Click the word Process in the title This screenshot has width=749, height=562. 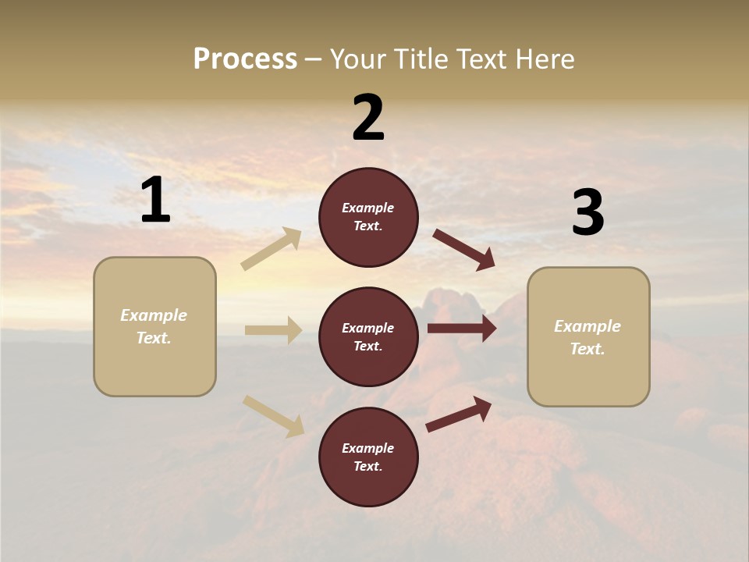pyautogui.click(x=245, y=59)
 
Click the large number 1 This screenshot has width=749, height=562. pyautogui.click(x=155, y=201)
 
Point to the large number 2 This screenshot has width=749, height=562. pyautogui.click(x=368, y=118)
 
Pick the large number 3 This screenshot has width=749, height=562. pyautogui.click(x=587, y=213)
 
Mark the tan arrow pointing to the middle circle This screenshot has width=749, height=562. pyautogui.click(x=273, y=330)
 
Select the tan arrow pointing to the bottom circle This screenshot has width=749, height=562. pyautogui.click(x=274, y=416)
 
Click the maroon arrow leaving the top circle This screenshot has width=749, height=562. pyautogui.click(x=464, y=250)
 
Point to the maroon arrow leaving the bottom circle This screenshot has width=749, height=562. pyautogui.click(x=459, y=414)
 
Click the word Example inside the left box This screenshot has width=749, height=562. pyautogui.click(x=154, y=315)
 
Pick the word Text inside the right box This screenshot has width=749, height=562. pyautogui.click(x=587, y=349)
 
